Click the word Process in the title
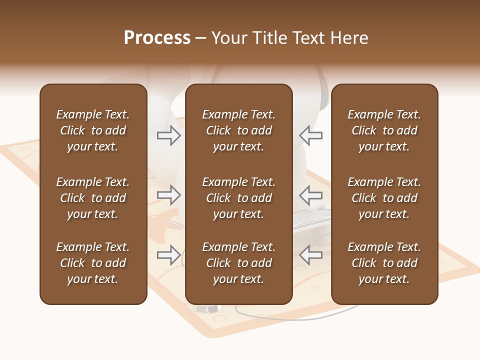[x=157, y=38]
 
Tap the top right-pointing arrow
[x=169, y=135]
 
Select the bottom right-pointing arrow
[x=169, y=255]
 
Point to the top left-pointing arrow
[x=310, y=135]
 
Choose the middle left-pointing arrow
[x=310, y=194]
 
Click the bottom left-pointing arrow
[x=310, y=255]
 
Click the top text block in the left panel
[x=93, y=130]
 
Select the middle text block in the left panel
[x=93, y=198]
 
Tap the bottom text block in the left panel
[x=93, y=263]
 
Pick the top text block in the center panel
[x=238, y=130]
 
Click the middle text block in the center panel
[x=238, y=198]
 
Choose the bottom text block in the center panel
[x=238, y=263]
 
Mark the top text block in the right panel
[x=384, y=130]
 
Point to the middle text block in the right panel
[x=384, y=198]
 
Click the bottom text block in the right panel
[x=384, y=263]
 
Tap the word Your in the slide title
[x=228, y=38]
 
